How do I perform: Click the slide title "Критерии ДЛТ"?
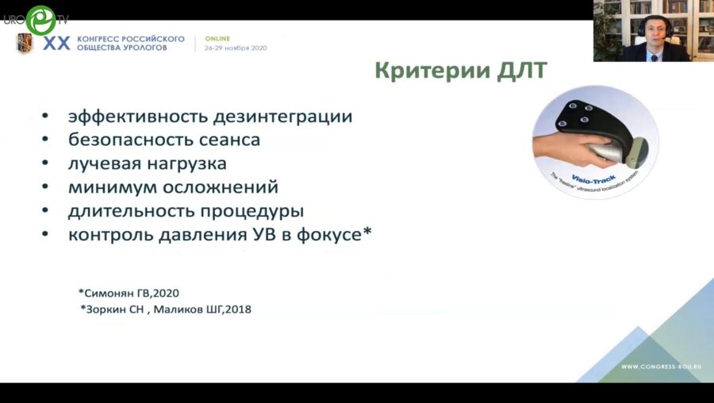click(x=460, y=71)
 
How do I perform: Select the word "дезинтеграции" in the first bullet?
click(x=284, y=116)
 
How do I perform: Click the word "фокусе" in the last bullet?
click(x=330, y=235)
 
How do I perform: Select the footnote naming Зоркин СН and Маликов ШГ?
click(x=166, y=309)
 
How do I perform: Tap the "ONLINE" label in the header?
click(x=218, y=38)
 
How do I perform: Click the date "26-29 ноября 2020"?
click(x=236, y=48)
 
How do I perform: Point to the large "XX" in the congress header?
click(x=56, y=44)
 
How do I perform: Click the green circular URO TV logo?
click(x=39, y=19)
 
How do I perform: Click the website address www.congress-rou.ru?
click(x=661, y=367)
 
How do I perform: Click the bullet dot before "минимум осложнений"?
click(x=45, y=188)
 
